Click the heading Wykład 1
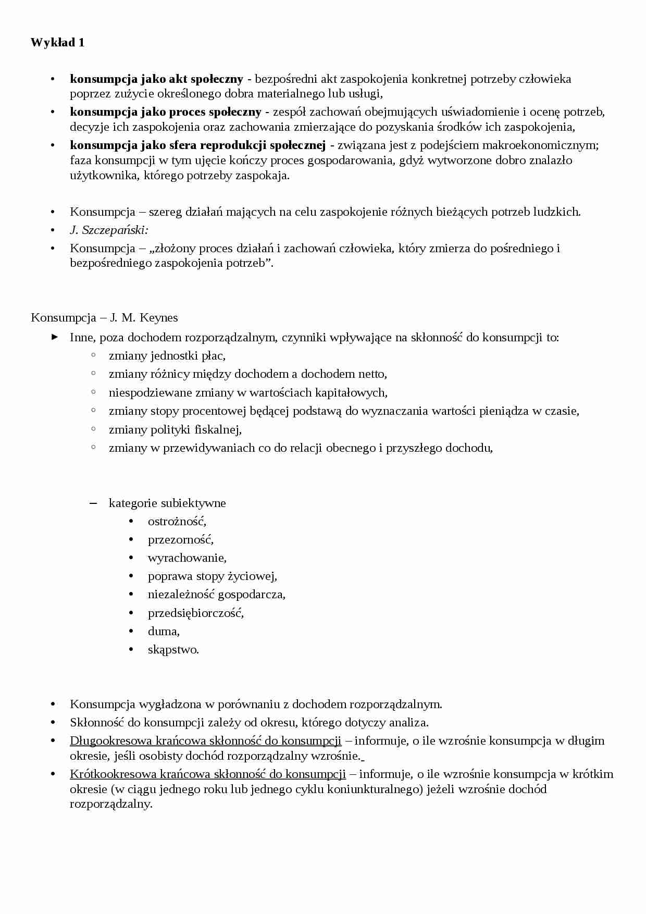pos(57,43)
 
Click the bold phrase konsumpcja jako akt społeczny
pos(156,79)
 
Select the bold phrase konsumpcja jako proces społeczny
pos(166,112)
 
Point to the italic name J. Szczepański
pos(109,230)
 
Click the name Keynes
pos(159,318)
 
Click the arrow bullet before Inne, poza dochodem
pos(54,337)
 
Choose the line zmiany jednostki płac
pos(167,356)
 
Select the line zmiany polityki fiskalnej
pos(175,429)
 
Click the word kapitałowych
pos(351,392)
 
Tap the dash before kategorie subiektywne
pos(93,503)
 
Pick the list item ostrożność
pos(177,521)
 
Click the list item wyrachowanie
pos(187,558)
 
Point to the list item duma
pos(164,632)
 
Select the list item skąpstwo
pos(173,650)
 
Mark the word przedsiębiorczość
pos(196,613)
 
